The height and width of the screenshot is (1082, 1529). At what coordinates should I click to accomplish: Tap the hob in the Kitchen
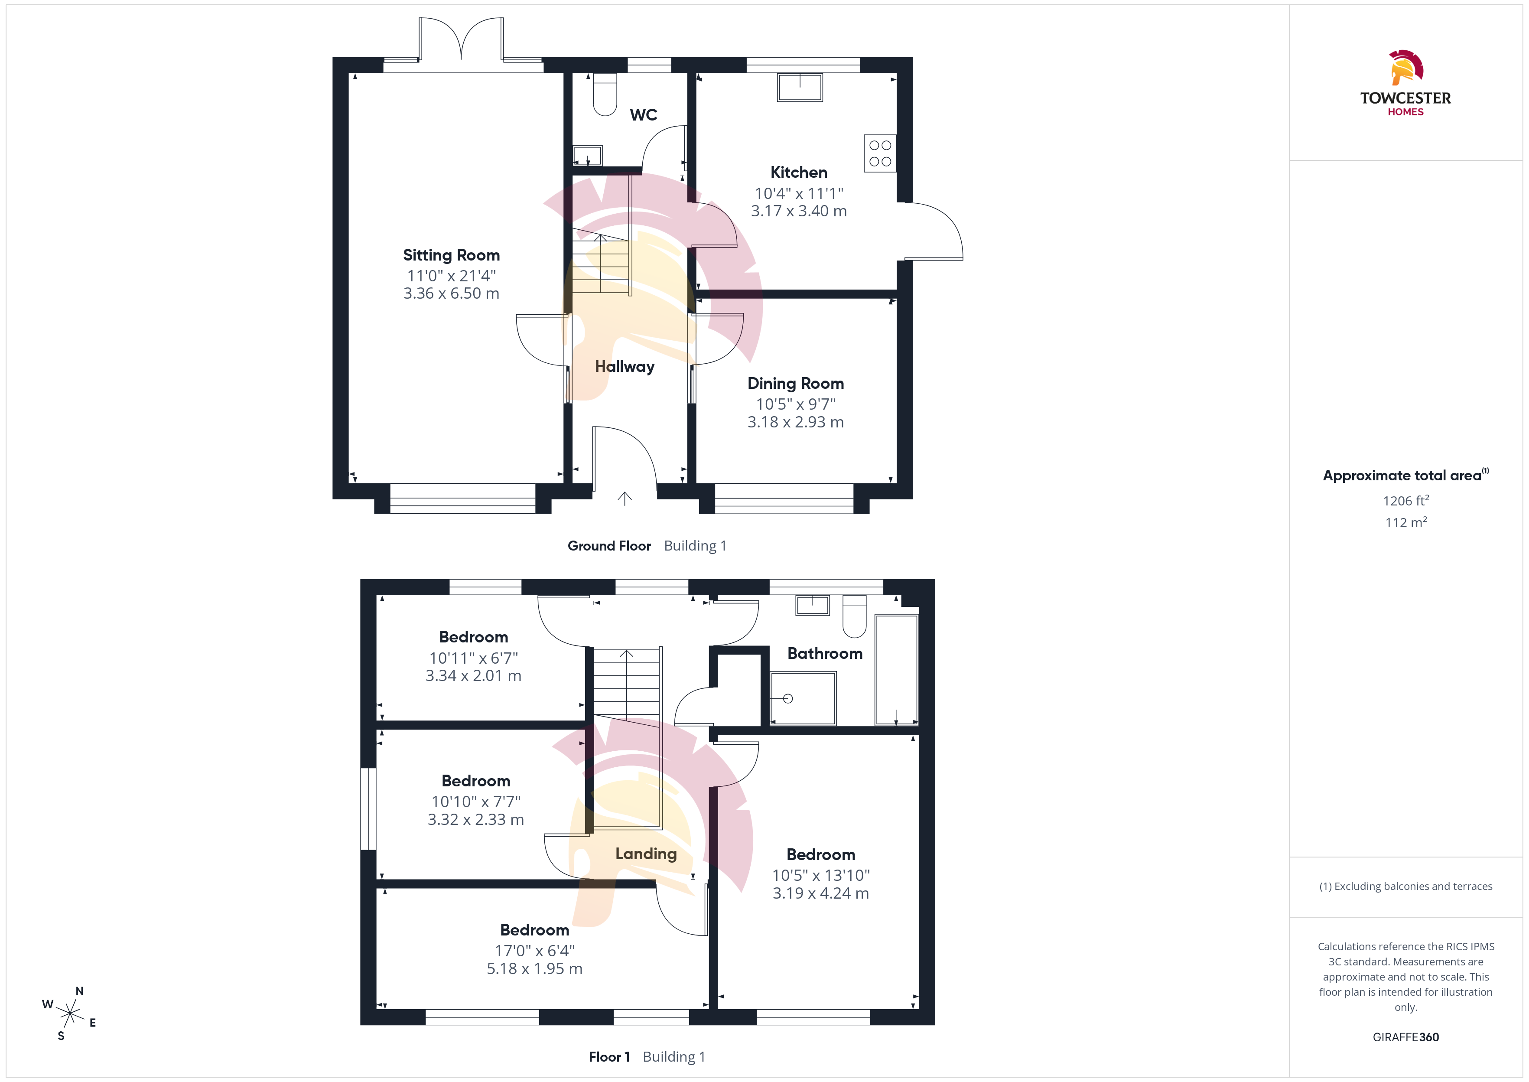880,153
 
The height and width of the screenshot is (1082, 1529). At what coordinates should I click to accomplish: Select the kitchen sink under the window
800,87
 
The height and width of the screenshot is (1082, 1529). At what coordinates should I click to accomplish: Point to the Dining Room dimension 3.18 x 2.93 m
795,422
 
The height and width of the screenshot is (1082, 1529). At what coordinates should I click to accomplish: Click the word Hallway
625,366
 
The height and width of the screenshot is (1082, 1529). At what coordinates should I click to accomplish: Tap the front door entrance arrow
624,499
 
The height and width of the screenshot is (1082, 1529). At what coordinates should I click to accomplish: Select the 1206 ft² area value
1406,500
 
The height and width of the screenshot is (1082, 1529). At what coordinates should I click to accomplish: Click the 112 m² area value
1406,522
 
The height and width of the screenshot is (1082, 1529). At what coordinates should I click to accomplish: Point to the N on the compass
79,991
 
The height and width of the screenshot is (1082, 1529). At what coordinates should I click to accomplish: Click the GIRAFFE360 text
1406,1036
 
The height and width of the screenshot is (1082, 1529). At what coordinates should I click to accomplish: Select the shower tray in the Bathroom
803,698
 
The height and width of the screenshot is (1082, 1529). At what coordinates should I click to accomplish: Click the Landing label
646,854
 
